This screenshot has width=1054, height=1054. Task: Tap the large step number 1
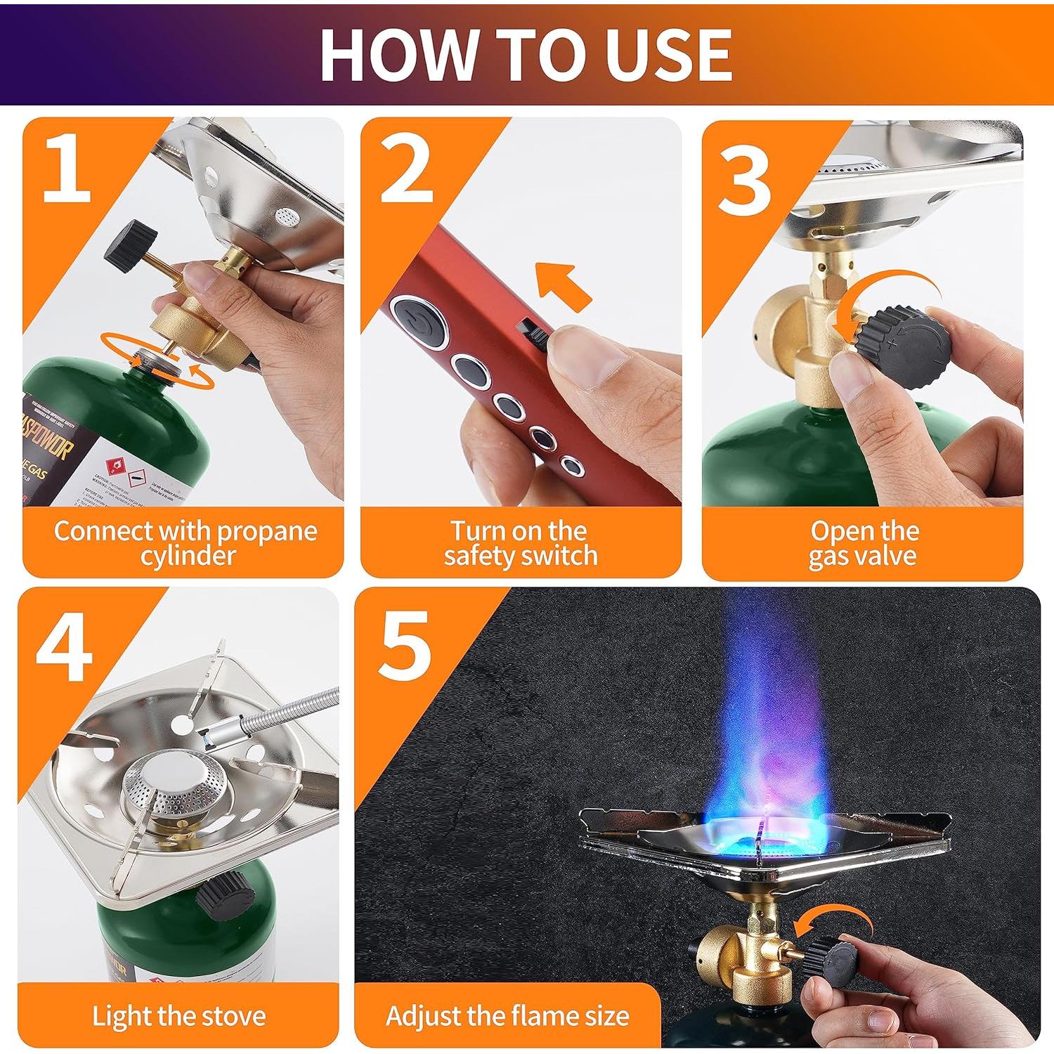pos(67,168)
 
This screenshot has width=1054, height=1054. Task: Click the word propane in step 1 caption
pos(266,531)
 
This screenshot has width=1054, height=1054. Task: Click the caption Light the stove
pos(179,1016)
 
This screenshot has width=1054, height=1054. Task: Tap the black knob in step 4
pos(225,899)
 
